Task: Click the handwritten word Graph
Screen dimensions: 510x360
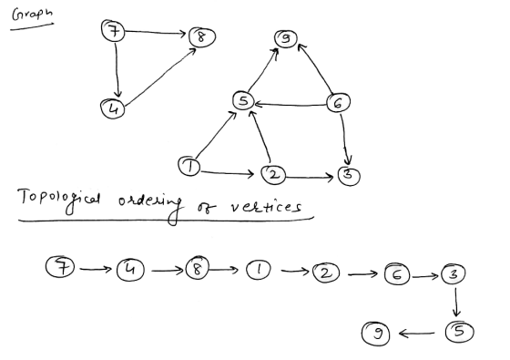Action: (32, 15)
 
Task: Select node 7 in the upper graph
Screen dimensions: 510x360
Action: (113, 31)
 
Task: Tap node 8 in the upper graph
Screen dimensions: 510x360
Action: (201, 36)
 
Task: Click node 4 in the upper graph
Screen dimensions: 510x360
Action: (113, 108)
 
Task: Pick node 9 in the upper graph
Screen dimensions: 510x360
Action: (286, 38)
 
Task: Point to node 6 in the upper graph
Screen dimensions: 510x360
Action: (338, 103)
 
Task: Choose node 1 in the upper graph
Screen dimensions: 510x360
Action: (189, 166)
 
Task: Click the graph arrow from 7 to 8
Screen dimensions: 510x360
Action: (155, 32)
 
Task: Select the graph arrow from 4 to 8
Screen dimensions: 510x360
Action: (160, 77)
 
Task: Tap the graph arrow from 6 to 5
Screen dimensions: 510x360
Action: (291, 105)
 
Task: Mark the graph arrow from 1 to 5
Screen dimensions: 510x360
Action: (216, 135)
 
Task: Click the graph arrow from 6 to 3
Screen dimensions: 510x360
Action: (345, 139)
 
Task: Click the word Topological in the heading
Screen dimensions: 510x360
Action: (59, 201)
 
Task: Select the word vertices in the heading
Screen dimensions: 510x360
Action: (266, 206)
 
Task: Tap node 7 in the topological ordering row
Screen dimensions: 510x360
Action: (60, 266)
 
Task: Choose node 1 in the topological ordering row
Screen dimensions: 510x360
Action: (258, 270)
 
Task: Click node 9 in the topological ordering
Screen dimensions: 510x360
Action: (375, 333)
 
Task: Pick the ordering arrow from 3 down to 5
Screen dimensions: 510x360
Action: (456, 303)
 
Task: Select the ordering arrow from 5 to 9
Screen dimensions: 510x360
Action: (416, 334)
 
